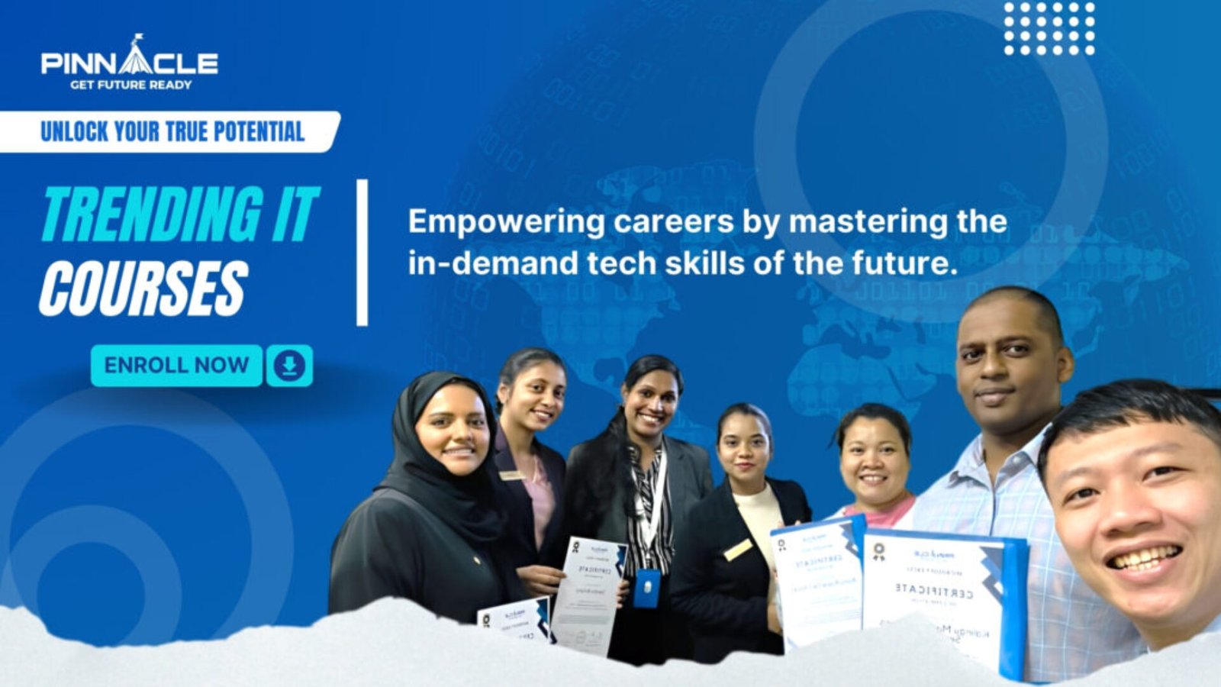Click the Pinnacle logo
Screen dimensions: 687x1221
[x=129, y=62]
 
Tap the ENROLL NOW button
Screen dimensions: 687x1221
[x=176, y=365]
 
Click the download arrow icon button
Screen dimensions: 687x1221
[x=289, y=366]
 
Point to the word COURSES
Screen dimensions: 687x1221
[x=143, y=289]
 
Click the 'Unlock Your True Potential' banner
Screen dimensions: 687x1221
[x=172, y=131]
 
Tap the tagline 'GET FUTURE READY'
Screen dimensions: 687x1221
[x=130, y=85]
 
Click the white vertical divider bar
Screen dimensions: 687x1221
[x=362, y=253]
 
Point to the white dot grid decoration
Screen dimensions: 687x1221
[x=1049, y=28]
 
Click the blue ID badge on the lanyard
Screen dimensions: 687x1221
[x=646, y=588]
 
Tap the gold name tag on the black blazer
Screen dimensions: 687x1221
[x=736, y=549]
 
